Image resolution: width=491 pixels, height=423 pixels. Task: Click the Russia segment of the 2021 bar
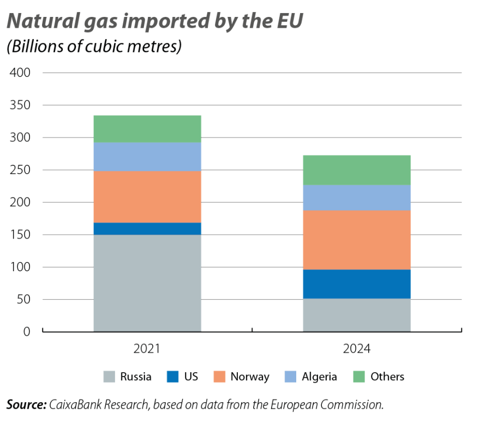point(147,283)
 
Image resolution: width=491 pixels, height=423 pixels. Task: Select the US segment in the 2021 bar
point(147,228)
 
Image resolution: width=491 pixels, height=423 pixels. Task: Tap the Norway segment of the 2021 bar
point(147,196)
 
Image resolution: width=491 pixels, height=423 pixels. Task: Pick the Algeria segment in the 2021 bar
point(147,157)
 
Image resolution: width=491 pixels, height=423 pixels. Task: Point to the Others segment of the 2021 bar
point(147,129)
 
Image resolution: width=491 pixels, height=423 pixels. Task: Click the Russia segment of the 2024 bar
point(357,314)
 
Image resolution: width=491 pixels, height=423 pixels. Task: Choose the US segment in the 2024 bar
point(357,284)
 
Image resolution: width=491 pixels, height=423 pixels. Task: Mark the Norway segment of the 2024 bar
point(357,240)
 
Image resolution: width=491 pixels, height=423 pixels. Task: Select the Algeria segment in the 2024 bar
point(357,198)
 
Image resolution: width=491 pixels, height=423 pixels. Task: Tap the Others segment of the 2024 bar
point(357,170)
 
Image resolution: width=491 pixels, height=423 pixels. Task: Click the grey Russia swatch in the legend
point(109,377)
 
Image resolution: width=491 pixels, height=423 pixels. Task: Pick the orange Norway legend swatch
point(219,377)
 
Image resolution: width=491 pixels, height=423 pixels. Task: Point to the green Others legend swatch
point(359,377)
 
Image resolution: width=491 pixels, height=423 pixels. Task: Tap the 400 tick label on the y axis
point(20,73)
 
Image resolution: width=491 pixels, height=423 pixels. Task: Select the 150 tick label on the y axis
point(20,235)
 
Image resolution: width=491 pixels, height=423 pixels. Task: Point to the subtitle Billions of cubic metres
point(94,47)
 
